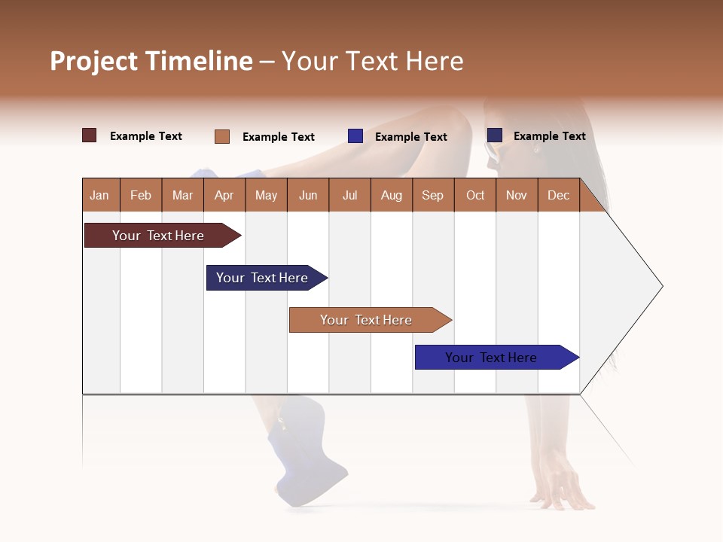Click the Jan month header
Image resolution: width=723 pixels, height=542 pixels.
(x=99, y=195)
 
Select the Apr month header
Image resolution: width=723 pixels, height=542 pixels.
(x=224, y=195)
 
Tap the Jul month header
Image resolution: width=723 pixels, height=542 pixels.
(x=349, y=195)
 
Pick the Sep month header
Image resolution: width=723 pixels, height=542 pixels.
(x=432, y=195)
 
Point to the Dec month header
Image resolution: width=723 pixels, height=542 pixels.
(x=558, y=195)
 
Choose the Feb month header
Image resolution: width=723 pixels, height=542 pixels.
(x=141, y=195)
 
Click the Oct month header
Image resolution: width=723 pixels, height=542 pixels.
(x=475, y=195)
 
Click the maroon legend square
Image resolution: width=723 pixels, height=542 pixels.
(x=90, y=135)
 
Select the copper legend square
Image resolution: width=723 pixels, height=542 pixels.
(x=222, y=136)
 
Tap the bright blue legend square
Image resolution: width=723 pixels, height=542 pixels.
(x=355, y=136)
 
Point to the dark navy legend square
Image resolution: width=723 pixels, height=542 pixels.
(x=495, y=135)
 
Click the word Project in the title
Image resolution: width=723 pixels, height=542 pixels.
(x=94, y=61)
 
